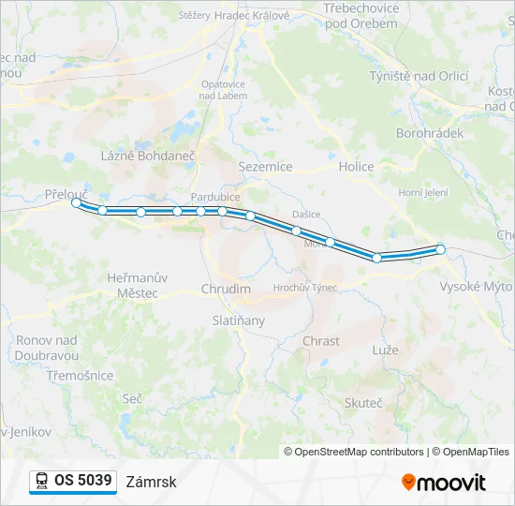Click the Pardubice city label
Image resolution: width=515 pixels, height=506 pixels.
(215, 197)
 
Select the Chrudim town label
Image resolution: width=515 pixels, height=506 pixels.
(227, 289)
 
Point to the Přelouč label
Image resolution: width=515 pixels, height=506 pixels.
(66, 193)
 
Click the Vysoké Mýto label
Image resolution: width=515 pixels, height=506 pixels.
(475, 287)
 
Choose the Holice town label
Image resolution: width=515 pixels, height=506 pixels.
(356, 167)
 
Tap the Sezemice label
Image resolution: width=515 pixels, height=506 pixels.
(266, 167)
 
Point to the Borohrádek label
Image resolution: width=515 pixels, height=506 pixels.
(430, 133)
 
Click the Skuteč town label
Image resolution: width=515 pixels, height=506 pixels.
(363, 402)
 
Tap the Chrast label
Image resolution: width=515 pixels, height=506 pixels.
(321, 341)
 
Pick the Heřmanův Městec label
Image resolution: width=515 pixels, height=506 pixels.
(138, 286)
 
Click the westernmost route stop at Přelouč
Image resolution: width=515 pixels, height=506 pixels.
(76, 202)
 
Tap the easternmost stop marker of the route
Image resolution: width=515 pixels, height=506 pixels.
(440, 249)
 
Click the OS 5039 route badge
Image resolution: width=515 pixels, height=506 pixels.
(73, 481)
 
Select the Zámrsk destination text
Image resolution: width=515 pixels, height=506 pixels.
(151, 482)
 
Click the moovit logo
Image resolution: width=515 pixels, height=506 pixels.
(444, 482)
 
